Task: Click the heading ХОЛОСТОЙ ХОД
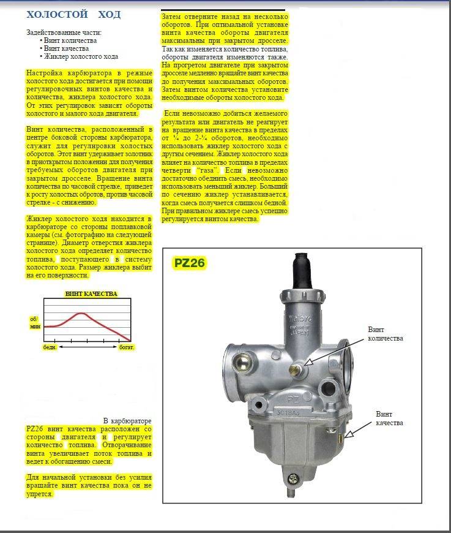pyautogui.click(x=74, y=14)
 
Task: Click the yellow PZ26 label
pyautogui.click(x=189, y=263)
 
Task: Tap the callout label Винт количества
pyautogui.click(x=386, y=333)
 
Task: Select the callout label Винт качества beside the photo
pyautogui.click(x=389, y=418)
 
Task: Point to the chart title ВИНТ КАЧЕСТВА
pyautogui.click(x=91, y=294)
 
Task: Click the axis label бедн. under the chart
pyautogui.click(x=50, y=347)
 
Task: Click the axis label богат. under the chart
pyautogui.click(x=127, y=347)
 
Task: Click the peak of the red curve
pyautogui.click(x=81, y=313)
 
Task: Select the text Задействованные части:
pyautogui.click(x=64, y=32)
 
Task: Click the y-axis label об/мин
pyautogui.click(x=34, y=323)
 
